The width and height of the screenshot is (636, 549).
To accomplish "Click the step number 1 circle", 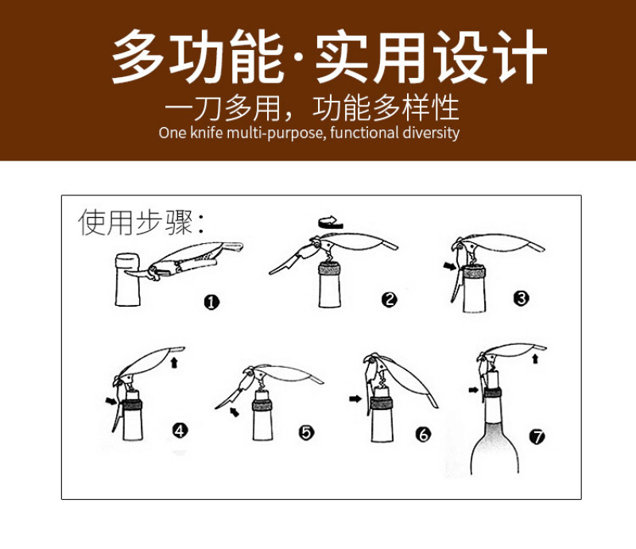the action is [211, 302].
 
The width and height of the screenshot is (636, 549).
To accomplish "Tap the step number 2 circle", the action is [389, 300].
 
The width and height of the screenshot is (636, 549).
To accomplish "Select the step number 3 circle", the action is [521, 299].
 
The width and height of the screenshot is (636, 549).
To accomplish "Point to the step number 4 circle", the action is [180, 431].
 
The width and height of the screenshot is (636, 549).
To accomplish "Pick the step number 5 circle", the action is [306, 433].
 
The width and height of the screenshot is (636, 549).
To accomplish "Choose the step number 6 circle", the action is [423, 435].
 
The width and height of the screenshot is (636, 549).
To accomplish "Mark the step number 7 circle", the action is [537, 437].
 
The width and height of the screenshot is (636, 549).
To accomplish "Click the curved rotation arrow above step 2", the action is [331, 222].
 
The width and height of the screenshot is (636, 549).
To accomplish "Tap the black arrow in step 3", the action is [450, 266].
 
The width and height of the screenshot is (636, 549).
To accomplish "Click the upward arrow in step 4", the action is [174, 362].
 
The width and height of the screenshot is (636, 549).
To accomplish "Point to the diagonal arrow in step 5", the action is [234, 412].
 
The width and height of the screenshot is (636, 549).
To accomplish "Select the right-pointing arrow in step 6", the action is [355, 399].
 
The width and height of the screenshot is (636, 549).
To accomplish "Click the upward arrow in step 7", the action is [535, 358].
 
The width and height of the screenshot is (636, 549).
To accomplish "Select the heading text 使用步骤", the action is [135, 222].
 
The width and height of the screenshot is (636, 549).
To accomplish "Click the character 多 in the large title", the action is [137, 56].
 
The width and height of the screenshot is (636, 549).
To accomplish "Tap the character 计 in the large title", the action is [520, 56].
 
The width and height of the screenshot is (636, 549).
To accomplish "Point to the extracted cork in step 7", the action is [492, 381].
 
